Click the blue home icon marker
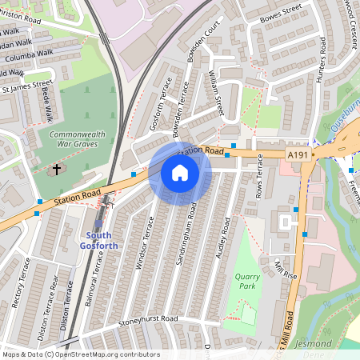tap(180, 173)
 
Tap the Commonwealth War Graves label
tap(74, 139)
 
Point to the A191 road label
tap(297, 154)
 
